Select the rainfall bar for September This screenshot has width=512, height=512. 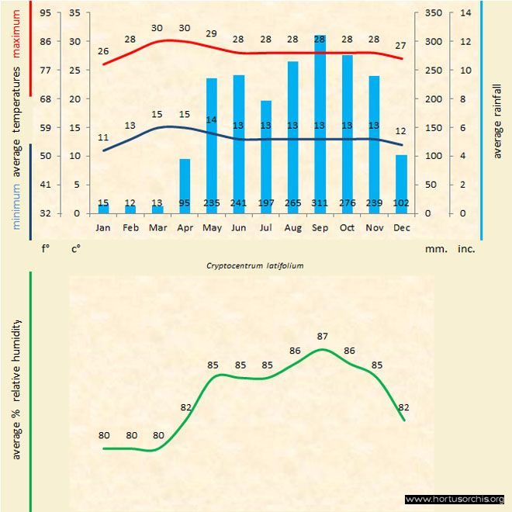pos(320,124)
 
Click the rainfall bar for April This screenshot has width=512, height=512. pos(185,186)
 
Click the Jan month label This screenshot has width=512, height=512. pos(103,228)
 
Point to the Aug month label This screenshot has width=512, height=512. pos(292,228)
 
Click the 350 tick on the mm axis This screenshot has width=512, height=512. pos(434,13)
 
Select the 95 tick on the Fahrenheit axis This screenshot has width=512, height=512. pos(47,13)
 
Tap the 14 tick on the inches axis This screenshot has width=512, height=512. pos(465,13)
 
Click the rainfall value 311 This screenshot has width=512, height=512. pos(320,203)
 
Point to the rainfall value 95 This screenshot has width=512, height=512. pos(185,203)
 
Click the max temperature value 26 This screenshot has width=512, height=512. pos(103,51)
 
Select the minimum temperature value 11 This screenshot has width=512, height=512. pos(103,137)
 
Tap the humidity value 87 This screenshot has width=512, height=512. pos(323,336)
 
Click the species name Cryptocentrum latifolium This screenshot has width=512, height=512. pos(254,265)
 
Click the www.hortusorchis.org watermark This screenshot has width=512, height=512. pos(455,499)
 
